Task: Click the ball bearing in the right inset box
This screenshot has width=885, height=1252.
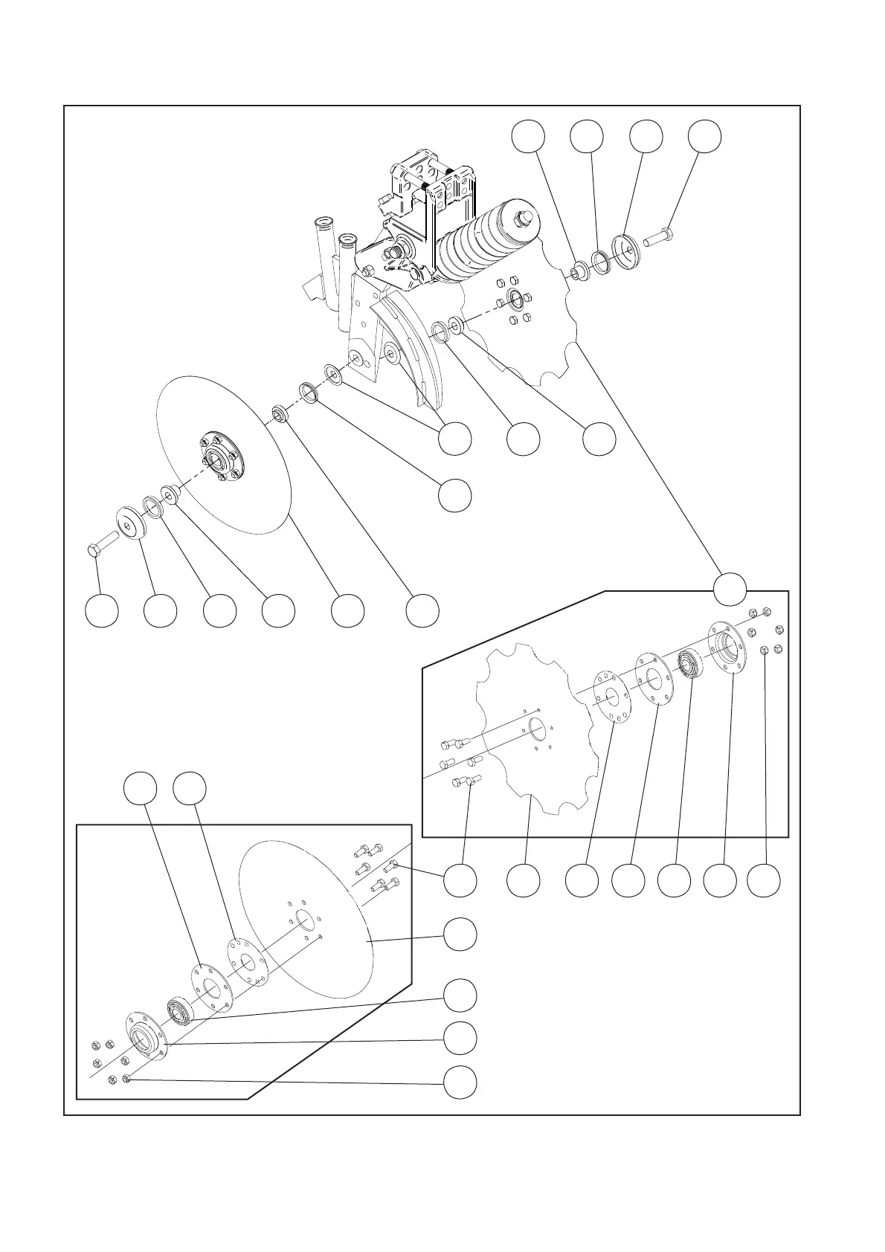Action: pyautogui.click(x=691, y=662)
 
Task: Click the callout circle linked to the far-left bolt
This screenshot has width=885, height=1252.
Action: pyautogui.click(x=101, y=610)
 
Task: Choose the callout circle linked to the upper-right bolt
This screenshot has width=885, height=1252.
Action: pyautogui.click(x=704, y=137)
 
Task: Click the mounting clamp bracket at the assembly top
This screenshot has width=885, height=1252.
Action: pyautogui.click(x=428, y=186)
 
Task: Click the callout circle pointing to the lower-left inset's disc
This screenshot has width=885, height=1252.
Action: pyautogui.click(x=460, y=934)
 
